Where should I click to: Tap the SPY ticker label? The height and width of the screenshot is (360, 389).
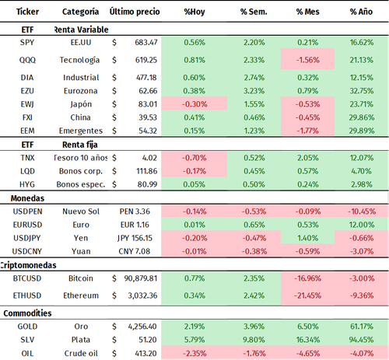26,41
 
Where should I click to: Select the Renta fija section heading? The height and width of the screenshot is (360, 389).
77,145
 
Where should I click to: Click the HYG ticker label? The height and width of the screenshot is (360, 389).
26,184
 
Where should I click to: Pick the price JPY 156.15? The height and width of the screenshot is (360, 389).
138,238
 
